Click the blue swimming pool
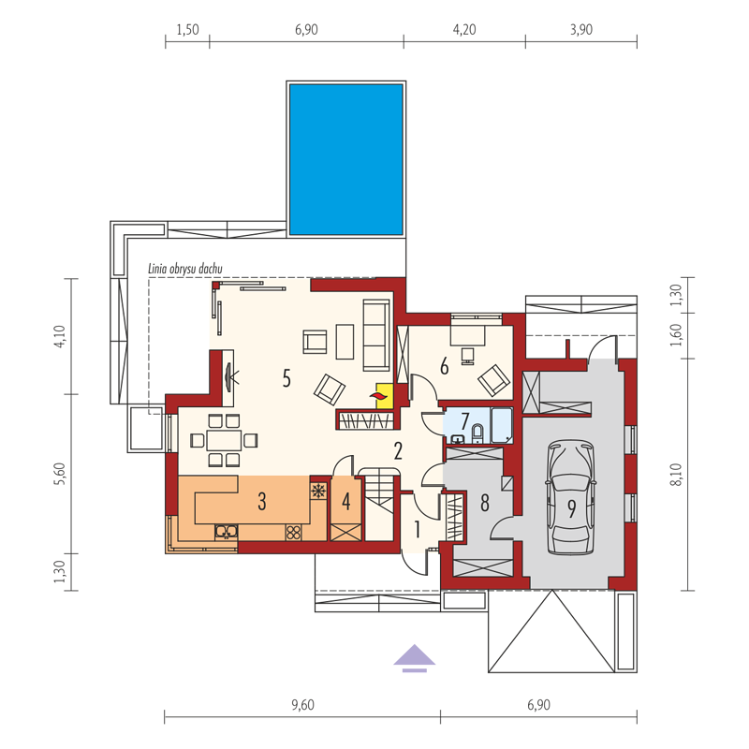tap(345, 159)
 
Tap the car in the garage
tap(571, 497)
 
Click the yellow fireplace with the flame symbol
tap(385, 395)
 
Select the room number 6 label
tap(444, 367)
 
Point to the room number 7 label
tap(464, 420)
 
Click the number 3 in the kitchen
tap(262, 502)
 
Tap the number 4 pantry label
tap(345, 502)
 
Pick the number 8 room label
tap(485, 503)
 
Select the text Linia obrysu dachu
tap(184, 269)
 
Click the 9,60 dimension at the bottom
tap(302, 705)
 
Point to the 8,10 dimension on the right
tap(676, 475)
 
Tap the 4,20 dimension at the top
tap(464, 30)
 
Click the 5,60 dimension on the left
tap(59, 475)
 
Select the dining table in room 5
tap(224, 440)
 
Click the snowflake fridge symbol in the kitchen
tap(318, 491)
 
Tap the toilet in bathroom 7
tap(477, 433)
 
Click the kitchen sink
tap(226, 532)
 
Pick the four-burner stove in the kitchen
tap(293, 532)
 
